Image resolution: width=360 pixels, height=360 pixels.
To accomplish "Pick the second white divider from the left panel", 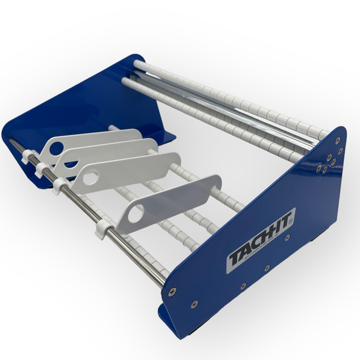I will (106, 154).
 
